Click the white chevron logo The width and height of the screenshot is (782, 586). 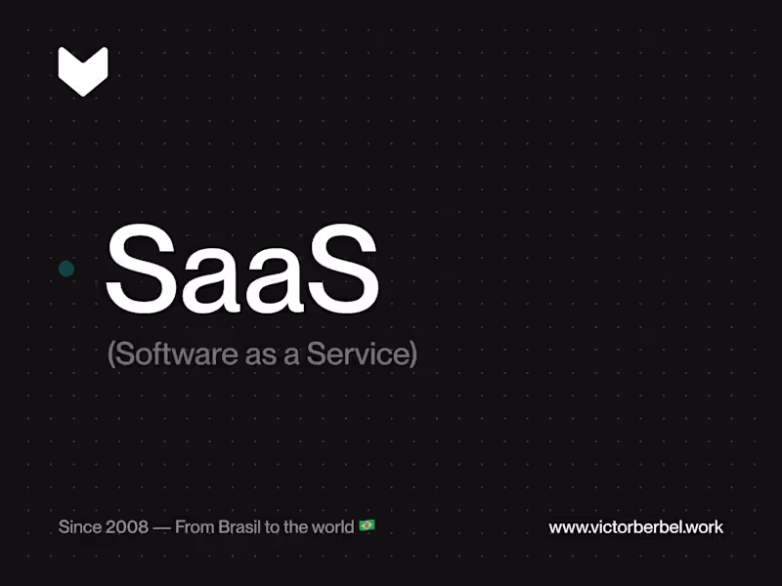pos(83,70)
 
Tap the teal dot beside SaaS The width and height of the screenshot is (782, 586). pos(66,269)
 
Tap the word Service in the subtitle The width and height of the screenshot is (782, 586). pos(356,354)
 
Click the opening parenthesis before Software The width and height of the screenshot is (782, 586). pos(111,355)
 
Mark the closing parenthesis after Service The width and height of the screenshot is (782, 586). pos(413,355)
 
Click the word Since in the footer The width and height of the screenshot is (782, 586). pos(78,527)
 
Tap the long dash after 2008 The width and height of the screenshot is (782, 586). pos(161,527)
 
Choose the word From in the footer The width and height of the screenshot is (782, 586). pos(194,527)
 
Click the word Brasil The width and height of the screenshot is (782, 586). pos(239,527)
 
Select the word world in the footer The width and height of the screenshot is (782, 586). pos(332,527)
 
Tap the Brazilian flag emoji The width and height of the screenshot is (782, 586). pos(367,526)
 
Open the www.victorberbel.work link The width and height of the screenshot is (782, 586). pos(635,527)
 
